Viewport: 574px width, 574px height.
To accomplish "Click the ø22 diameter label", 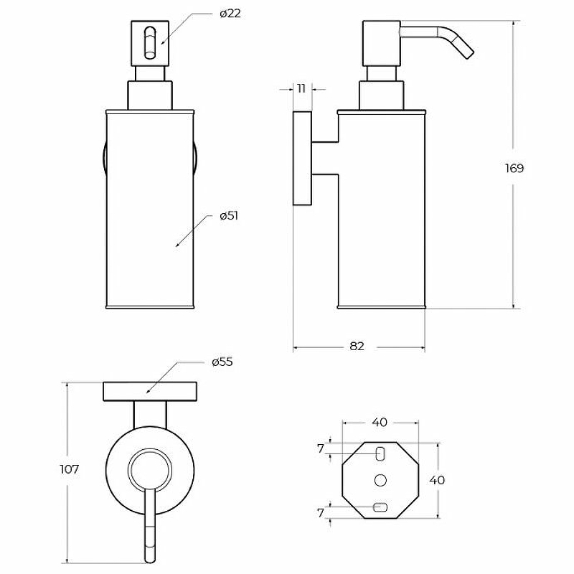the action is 230,14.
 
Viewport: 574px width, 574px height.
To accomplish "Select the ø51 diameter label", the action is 229,216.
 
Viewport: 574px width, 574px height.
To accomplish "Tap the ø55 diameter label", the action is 222,362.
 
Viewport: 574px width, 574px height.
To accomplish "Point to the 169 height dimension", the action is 514,169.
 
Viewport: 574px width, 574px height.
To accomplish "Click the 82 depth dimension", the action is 357,346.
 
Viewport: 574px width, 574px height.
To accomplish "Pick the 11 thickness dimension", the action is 301,88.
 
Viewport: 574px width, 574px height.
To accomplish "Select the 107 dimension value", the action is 69,469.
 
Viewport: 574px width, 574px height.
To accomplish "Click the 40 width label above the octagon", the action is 380,423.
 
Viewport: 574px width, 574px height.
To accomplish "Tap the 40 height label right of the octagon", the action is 437,480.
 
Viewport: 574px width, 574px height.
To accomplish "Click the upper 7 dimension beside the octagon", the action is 321,448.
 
